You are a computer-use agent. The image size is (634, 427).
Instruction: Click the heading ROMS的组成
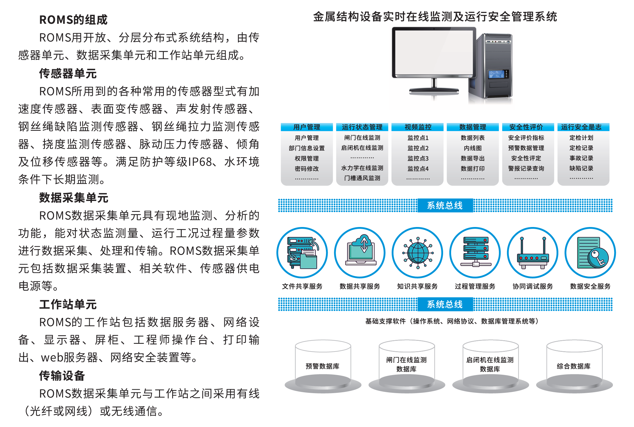(x=73, y=20)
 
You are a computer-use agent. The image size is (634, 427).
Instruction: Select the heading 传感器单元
(x=68, y=74)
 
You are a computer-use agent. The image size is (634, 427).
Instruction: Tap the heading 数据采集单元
(x=73, y=198)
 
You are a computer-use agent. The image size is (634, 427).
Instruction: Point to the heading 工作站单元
(x=68, y=305)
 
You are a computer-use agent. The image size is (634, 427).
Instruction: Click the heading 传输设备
(x=62, y=376)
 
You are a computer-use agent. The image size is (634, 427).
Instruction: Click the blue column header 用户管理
(x=307, y=127)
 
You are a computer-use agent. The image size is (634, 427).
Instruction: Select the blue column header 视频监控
(x=418, y=127)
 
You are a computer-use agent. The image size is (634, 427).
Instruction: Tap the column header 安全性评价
(x=526, y=127)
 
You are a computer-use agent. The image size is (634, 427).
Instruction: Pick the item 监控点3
(x=418, y=158)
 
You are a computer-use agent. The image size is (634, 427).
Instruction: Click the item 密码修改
(x=307, y=169)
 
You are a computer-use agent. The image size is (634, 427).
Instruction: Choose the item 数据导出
(x=473, y=158)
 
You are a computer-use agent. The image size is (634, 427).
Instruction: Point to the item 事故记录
(x=581, y=158)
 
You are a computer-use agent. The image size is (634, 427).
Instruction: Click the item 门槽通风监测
(x=362, y=178)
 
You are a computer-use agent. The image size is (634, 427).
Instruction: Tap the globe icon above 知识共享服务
(x=418, y=253)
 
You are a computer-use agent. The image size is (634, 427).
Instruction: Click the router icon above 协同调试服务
(x=533, y=253)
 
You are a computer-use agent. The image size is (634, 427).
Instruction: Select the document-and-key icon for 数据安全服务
(x=590, y=253)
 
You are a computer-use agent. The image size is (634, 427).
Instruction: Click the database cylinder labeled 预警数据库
(x=323, y=366)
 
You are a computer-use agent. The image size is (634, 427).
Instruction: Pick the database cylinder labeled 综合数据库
(x=574, y=366)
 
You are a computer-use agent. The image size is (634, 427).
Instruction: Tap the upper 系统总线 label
(x=445, y=205)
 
